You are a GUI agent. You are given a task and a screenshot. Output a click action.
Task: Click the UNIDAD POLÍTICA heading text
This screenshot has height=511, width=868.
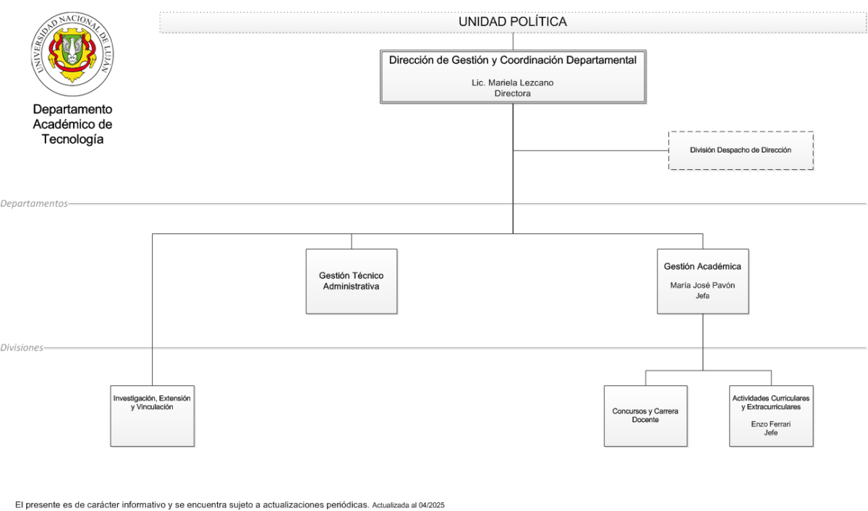click(x=513, y=22)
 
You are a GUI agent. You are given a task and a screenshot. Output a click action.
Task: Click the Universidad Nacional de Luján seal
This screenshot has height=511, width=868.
click(x=72, y=53)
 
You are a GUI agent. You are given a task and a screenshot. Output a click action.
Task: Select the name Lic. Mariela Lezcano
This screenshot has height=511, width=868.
click(x=512, y=83)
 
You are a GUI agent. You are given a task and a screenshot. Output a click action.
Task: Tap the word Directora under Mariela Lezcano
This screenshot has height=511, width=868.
click(x=512, y=93)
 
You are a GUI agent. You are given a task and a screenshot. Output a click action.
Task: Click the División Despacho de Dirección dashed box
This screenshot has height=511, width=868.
click(x=741, y=150)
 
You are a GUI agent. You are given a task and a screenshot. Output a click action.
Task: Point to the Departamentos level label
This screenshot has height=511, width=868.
click(x=34, y=204)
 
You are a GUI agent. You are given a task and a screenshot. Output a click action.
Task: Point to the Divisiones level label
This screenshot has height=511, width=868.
click(x=22, y=348)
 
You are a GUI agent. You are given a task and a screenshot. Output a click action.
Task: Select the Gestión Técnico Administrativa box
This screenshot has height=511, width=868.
click(x=352, y=281)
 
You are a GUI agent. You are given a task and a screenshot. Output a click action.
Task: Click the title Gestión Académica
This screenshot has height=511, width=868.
click(x=702, y=266)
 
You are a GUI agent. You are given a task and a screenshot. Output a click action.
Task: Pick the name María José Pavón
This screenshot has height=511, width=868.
click(x=702, y=285)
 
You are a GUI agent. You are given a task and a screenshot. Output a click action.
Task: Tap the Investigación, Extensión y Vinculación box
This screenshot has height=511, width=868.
click(x=153, y=416)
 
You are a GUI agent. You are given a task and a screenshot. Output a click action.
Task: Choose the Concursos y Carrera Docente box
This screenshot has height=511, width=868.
click(x=645, y=416)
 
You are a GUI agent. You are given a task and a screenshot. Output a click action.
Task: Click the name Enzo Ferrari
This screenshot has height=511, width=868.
click(x=771, y=424)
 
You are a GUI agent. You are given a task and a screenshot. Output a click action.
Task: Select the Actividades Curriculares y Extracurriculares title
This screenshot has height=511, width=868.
click(x=771, y=403)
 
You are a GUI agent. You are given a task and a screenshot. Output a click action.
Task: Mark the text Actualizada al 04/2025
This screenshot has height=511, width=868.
click(x=409, y=505)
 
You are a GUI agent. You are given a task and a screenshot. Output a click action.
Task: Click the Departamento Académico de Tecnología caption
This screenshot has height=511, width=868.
click(x=72, y=124)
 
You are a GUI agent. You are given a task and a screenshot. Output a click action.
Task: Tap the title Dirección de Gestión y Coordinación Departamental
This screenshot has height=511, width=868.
click(x=513, y=60)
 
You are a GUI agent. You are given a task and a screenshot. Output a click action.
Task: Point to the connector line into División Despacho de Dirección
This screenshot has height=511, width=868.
click(x=590, y=150)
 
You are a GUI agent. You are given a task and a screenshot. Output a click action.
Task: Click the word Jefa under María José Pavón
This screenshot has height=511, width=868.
click(x=702, y=296)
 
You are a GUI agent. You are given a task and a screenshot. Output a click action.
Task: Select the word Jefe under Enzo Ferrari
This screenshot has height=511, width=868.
click(x=771, y=433)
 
